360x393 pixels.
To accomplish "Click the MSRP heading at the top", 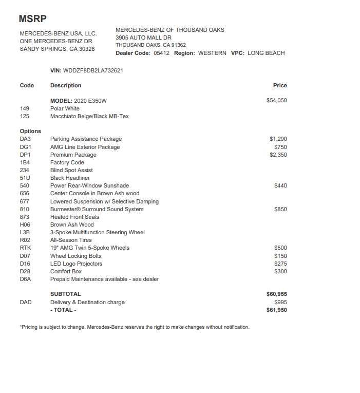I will (x=32, y=19).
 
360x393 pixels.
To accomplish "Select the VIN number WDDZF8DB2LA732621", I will (x=93, y=70).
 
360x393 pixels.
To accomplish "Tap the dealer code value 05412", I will (x=161, y=53).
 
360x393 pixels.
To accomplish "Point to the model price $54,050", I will (x=276, y=101).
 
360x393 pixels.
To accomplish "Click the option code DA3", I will (x=25, y=139).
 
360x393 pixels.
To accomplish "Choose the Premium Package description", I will (x=73, y=155).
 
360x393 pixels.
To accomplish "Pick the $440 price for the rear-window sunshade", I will (x=280, y=186).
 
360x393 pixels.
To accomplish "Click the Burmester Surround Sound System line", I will (x=97, y=209).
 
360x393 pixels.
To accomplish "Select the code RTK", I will (x=26, y=248).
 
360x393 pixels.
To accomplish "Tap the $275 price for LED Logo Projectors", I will (x=280, y=264).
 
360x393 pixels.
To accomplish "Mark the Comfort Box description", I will (x=66, y=271).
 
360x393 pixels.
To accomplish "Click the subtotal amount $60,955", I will (x=276, y=294).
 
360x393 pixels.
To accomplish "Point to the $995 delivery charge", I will (x=280, y=302).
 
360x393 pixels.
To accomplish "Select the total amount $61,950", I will (x=276, y=310).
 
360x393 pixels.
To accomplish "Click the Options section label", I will (x=30, y=131).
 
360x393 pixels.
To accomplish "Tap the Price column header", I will (x=280, y=85).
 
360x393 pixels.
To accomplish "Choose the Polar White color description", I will (x=65, y=109).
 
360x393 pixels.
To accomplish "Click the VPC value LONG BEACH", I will (x=266, y=53).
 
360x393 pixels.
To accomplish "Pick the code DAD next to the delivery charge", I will (x=26, y=302).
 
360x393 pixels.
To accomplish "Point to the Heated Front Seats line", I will (x=74, y=217).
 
